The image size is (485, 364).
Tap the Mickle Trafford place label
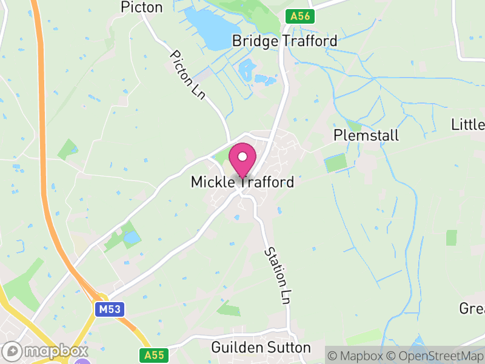point(242,181)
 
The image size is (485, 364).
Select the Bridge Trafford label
point(284,41)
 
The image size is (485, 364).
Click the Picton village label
point(142,7)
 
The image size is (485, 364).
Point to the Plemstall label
point(366,135)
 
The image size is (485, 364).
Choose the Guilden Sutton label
point(261,348)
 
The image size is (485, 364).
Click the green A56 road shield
point(300,16)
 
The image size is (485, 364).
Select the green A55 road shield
point(155,354)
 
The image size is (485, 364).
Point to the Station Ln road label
point(276,276)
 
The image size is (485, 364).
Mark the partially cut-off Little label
point(468,125)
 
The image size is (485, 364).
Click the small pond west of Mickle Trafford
point(131,238)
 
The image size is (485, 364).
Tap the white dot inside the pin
point(242,157)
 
